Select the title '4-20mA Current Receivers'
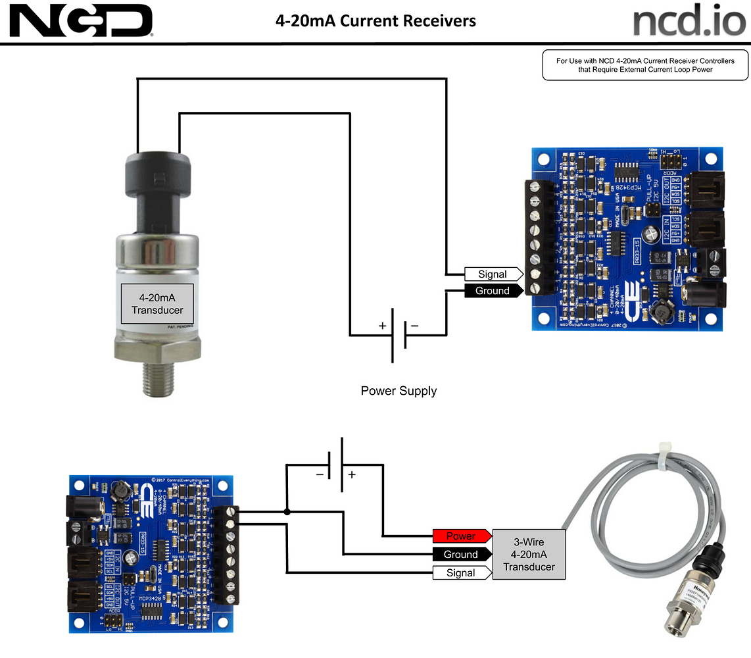coord(375,21)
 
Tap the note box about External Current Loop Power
coord(644,65)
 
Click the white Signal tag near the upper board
coord(493,274)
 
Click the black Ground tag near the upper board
coord(493,291)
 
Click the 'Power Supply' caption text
coord(399,391)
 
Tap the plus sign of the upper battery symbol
coord(381,326)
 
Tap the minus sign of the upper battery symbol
coord(414,326)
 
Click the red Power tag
coord(461,536)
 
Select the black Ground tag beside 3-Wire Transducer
coord(461,555)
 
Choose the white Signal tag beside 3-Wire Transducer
coord(461,572)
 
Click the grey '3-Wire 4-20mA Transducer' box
coord(529,554)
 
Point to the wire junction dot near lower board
coord(287,512)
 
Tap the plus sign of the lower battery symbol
coord(352,474)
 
